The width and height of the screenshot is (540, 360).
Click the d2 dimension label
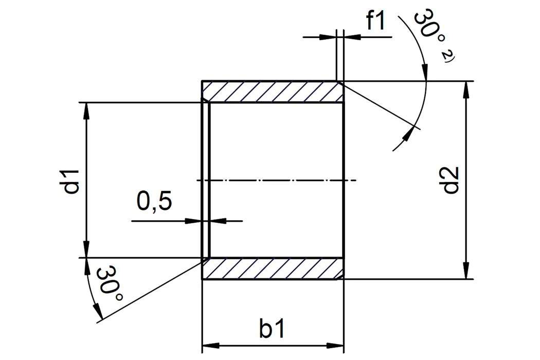pos(451,181)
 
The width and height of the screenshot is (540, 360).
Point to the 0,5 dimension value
pos(154,202)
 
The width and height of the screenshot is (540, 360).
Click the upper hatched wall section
pos(273,92)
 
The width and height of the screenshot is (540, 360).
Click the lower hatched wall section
pos(273,268)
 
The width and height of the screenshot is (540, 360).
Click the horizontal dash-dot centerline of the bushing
pos(278,181)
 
